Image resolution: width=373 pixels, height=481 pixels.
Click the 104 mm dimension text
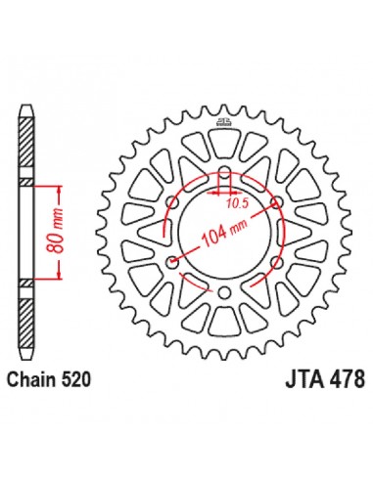pos(224,234)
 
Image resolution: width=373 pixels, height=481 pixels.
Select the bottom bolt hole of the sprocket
pos(225,291)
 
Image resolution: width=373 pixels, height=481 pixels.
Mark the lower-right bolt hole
pos(275,263)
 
